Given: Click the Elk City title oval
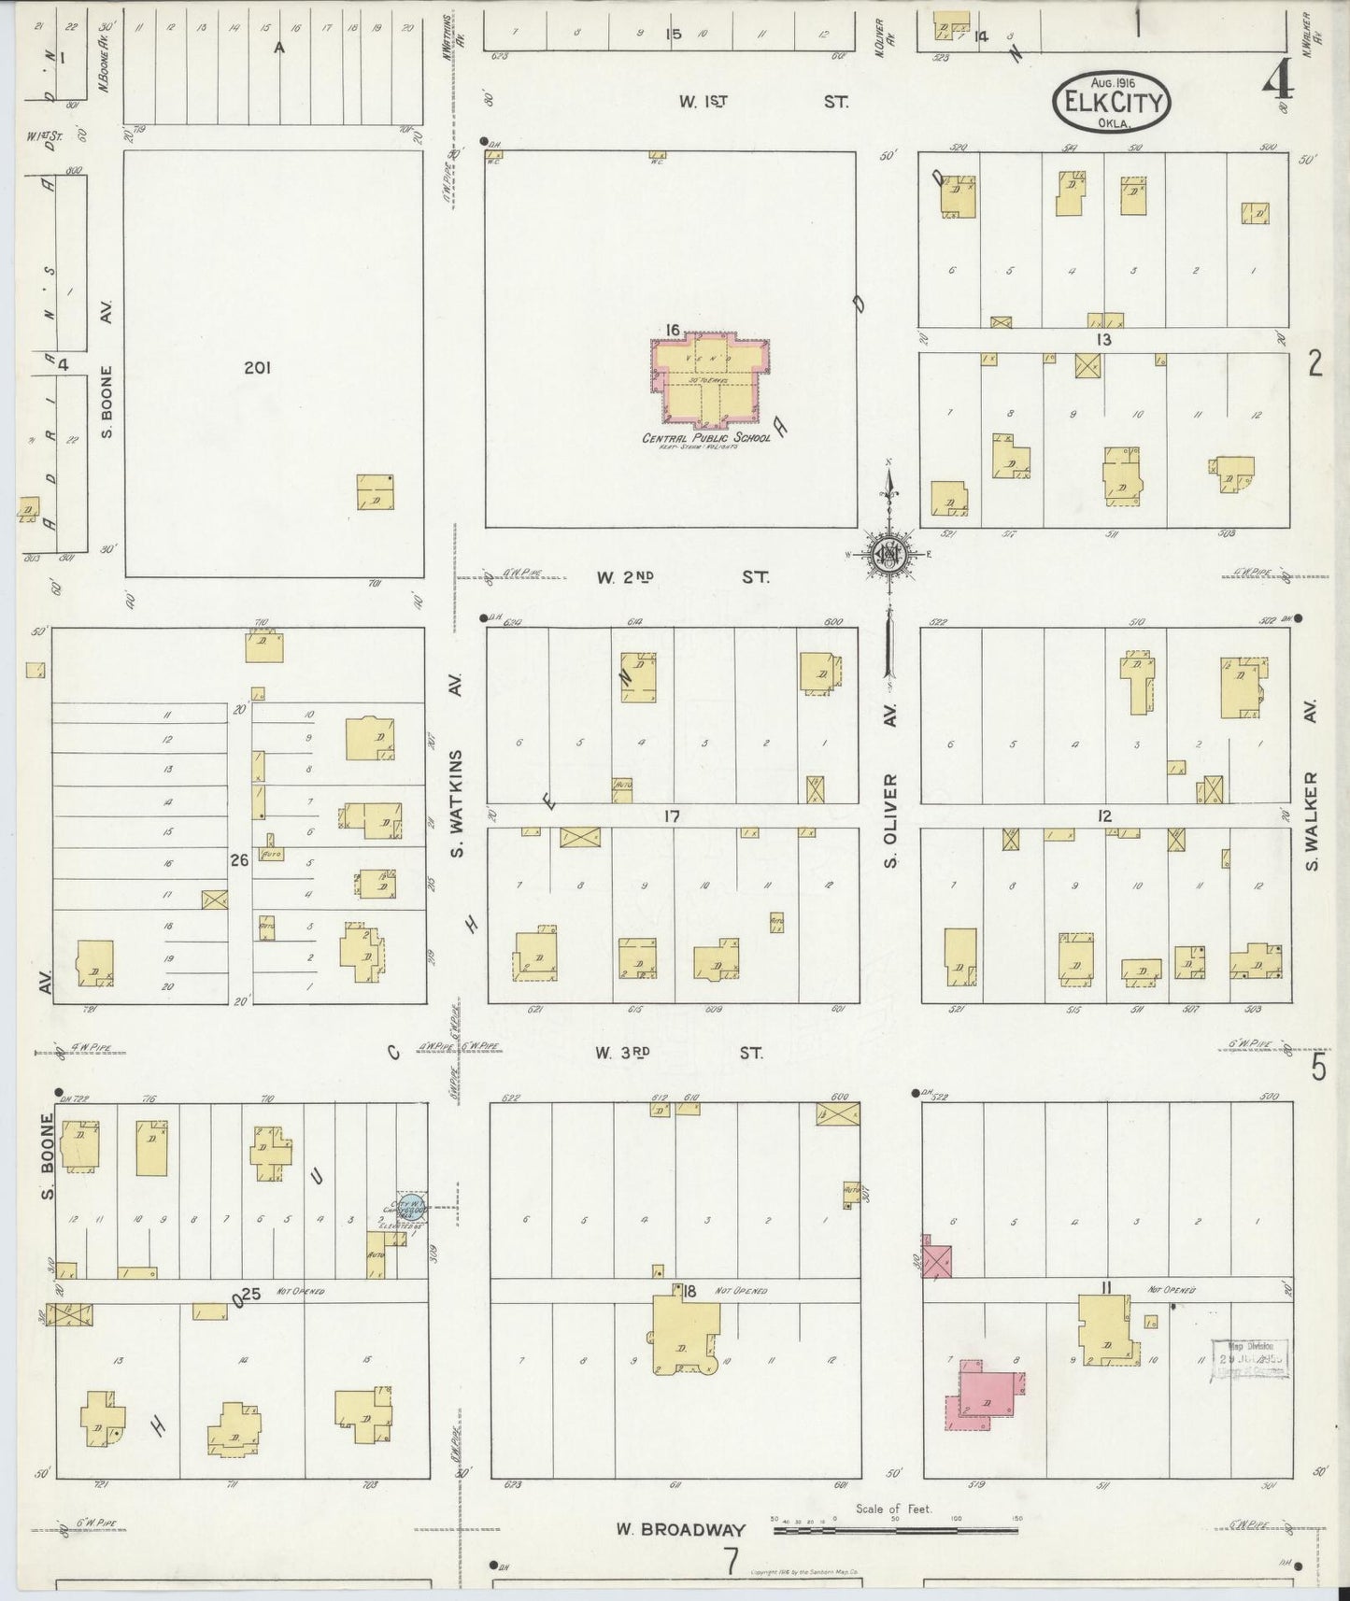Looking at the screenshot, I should point(1112,102).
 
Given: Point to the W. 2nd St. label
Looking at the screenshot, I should point(682,577).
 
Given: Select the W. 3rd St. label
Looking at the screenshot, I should point(679,1053).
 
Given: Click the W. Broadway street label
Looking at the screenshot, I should point(680,1529).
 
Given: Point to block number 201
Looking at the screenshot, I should point(257,368).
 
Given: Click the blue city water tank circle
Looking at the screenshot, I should point(412,1204).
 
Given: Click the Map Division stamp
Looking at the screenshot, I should point(1249,1359).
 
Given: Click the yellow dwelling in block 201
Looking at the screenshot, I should point(376,492).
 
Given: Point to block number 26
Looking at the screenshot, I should point(239,859).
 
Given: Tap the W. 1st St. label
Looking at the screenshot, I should point(763,102).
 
